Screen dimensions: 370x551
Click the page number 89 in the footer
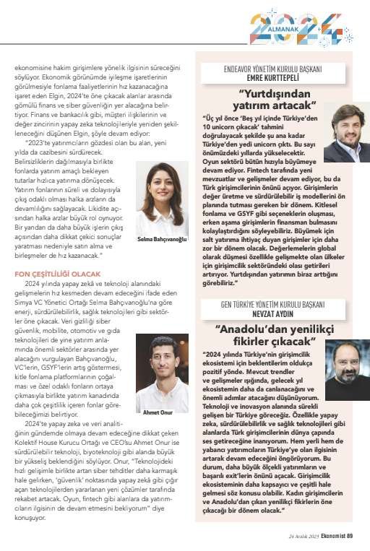349,536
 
